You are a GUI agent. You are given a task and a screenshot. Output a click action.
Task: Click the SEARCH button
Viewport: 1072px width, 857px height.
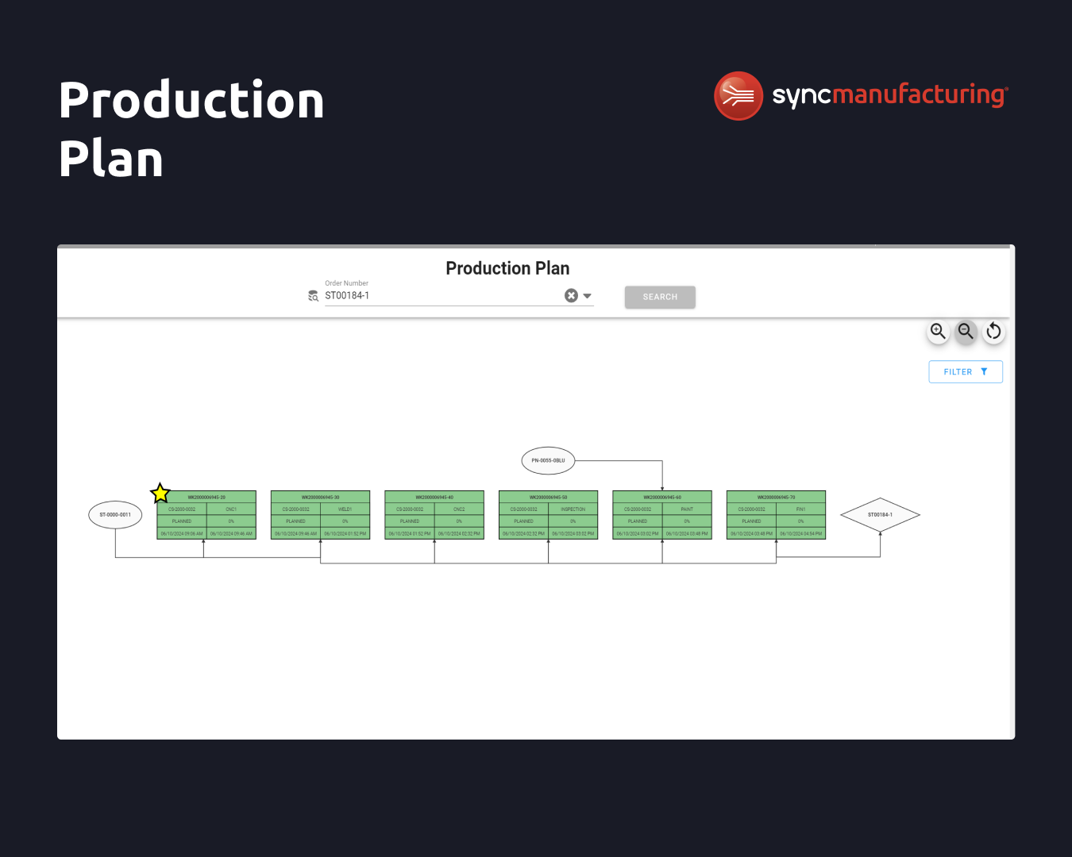pos(660,297)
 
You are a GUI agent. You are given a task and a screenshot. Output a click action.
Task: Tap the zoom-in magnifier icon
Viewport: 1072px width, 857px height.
pos(938,331)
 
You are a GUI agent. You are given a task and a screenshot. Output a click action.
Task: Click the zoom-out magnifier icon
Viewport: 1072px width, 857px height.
pos(966,331)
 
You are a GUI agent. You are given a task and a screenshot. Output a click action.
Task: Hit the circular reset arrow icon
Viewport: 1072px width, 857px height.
pos(993,331)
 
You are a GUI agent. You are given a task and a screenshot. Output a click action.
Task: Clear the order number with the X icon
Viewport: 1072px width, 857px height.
pos(571,296)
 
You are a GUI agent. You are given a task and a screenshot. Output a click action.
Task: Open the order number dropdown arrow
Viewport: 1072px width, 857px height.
pos(588,296)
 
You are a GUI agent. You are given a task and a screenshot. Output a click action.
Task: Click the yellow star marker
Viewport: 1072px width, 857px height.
pos(160,493)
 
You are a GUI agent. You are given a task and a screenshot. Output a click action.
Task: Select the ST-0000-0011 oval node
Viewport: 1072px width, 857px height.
pos(115,515)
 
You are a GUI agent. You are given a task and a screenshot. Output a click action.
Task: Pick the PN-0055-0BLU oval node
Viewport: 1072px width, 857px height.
pos(548,460)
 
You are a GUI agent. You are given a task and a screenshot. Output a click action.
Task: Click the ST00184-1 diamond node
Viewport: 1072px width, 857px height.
pos(880,515)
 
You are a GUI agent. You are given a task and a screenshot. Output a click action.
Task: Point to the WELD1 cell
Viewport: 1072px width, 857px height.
pos(345,509)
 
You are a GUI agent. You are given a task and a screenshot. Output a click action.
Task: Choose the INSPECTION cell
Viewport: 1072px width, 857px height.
pos(573,509)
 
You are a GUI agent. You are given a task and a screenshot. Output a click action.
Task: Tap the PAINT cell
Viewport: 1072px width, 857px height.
pos(687,509)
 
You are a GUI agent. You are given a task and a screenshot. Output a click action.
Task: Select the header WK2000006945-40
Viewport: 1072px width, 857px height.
pos(434,498)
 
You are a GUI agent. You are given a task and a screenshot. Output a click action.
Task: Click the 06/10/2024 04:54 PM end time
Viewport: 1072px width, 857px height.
pos(800,534)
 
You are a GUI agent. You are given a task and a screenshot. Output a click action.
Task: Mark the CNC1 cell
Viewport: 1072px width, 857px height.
pos(231,509)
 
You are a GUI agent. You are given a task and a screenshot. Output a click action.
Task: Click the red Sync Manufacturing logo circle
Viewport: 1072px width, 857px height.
pos(738,96)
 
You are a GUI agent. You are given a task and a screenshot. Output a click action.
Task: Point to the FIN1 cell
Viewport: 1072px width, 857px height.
pos(800,509)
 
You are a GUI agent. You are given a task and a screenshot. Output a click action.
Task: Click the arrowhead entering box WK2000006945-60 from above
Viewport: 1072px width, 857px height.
pos(662,488)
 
